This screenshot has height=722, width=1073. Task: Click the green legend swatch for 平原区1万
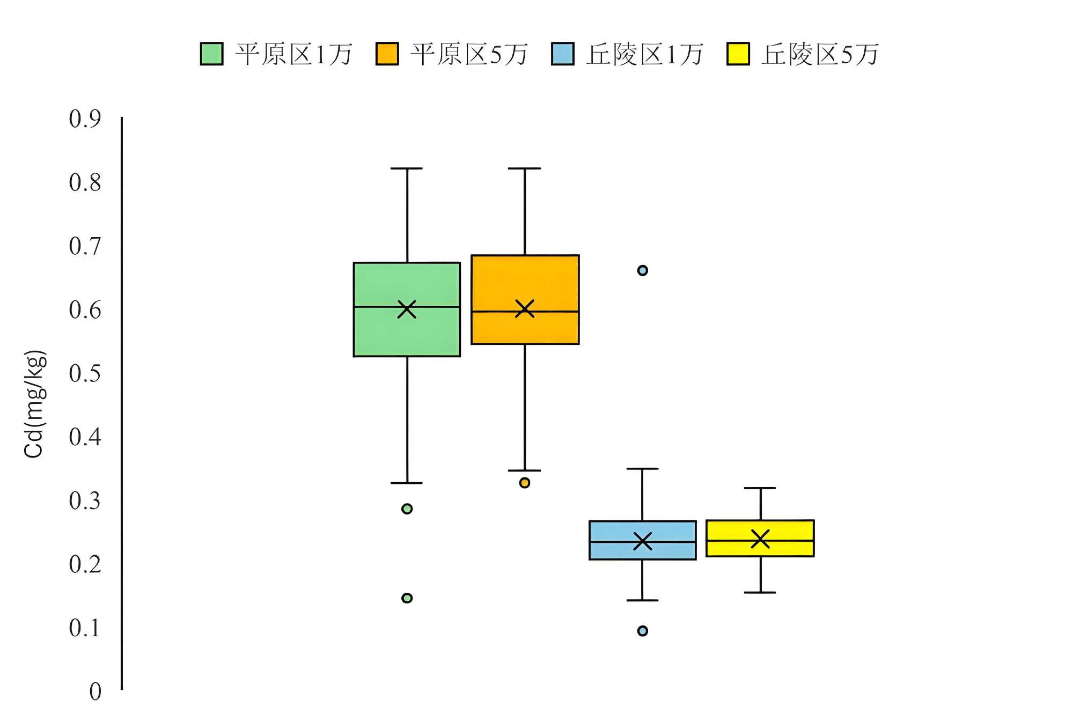(211, 54)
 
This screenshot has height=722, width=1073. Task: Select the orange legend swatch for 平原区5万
(387, 54)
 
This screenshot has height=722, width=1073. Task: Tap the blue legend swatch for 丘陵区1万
(563, 54)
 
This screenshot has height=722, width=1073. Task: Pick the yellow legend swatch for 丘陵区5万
(738, 54)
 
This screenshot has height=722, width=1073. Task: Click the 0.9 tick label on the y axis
(85, 119)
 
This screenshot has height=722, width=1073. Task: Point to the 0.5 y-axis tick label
(85, 373)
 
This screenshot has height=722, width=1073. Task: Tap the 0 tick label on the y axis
(95, 692)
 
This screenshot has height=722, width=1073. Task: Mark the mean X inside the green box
(407, 309)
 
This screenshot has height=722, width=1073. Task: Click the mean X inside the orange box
(525, 308)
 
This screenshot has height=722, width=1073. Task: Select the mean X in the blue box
(642, 541)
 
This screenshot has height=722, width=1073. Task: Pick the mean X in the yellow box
(760, 539)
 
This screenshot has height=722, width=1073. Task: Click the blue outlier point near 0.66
(642, 270)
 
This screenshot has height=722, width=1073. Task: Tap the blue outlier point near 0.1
(642, 631)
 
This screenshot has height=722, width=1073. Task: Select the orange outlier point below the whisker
(525, 483)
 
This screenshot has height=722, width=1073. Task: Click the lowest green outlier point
(407, 598)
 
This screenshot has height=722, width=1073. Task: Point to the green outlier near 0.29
(407, 509)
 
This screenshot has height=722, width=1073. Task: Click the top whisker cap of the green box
(407, 168)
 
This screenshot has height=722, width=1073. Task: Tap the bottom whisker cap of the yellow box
(760, 592)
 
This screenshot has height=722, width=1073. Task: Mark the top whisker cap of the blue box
(642, 469)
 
